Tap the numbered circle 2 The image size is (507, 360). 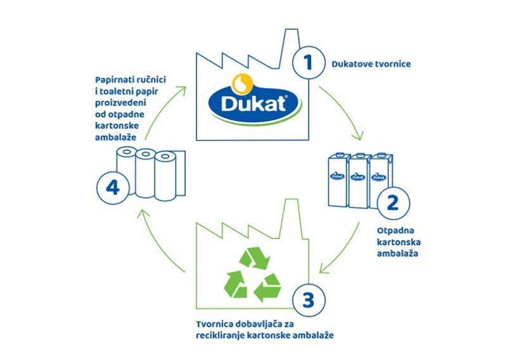[x=392, y=203]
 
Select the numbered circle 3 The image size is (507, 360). [x=308, y=299]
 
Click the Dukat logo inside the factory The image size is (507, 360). [x=252, y=101]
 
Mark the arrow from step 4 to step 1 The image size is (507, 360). [x=164, y=108]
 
